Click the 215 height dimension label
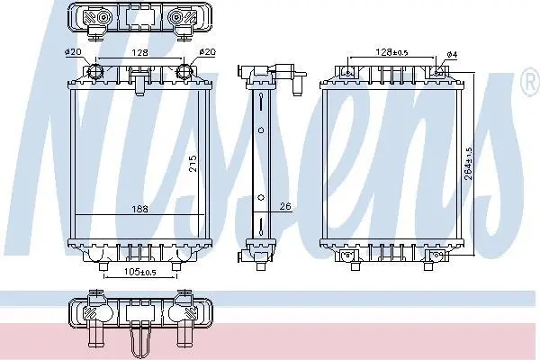point(193,164)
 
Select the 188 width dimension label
point(140,209)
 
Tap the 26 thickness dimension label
point(285,206)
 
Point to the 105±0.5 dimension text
point(140,272)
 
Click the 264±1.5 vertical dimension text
point(468,164)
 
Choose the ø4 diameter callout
point(452,54)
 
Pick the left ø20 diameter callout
point(73,52)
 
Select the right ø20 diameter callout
point(207,52)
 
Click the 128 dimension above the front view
point(140,52)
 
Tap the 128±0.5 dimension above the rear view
point(391,52)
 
